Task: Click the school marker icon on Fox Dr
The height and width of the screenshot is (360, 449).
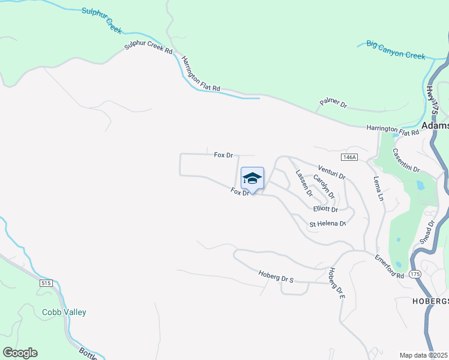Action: (253, 179)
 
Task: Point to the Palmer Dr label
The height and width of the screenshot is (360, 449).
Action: (333, 103)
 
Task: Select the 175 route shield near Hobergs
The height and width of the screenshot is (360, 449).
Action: (415, 274)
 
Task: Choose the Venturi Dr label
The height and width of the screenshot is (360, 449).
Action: (332, 173)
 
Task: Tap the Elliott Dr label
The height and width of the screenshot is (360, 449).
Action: (326, 209)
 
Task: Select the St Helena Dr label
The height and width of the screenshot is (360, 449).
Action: (328, 224)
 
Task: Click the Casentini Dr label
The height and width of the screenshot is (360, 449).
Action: (407, 161)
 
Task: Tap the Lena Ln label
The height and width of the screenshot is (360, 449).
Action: (378, 188)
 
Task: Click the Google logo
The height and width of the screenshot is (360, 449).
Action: (20, 353)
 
